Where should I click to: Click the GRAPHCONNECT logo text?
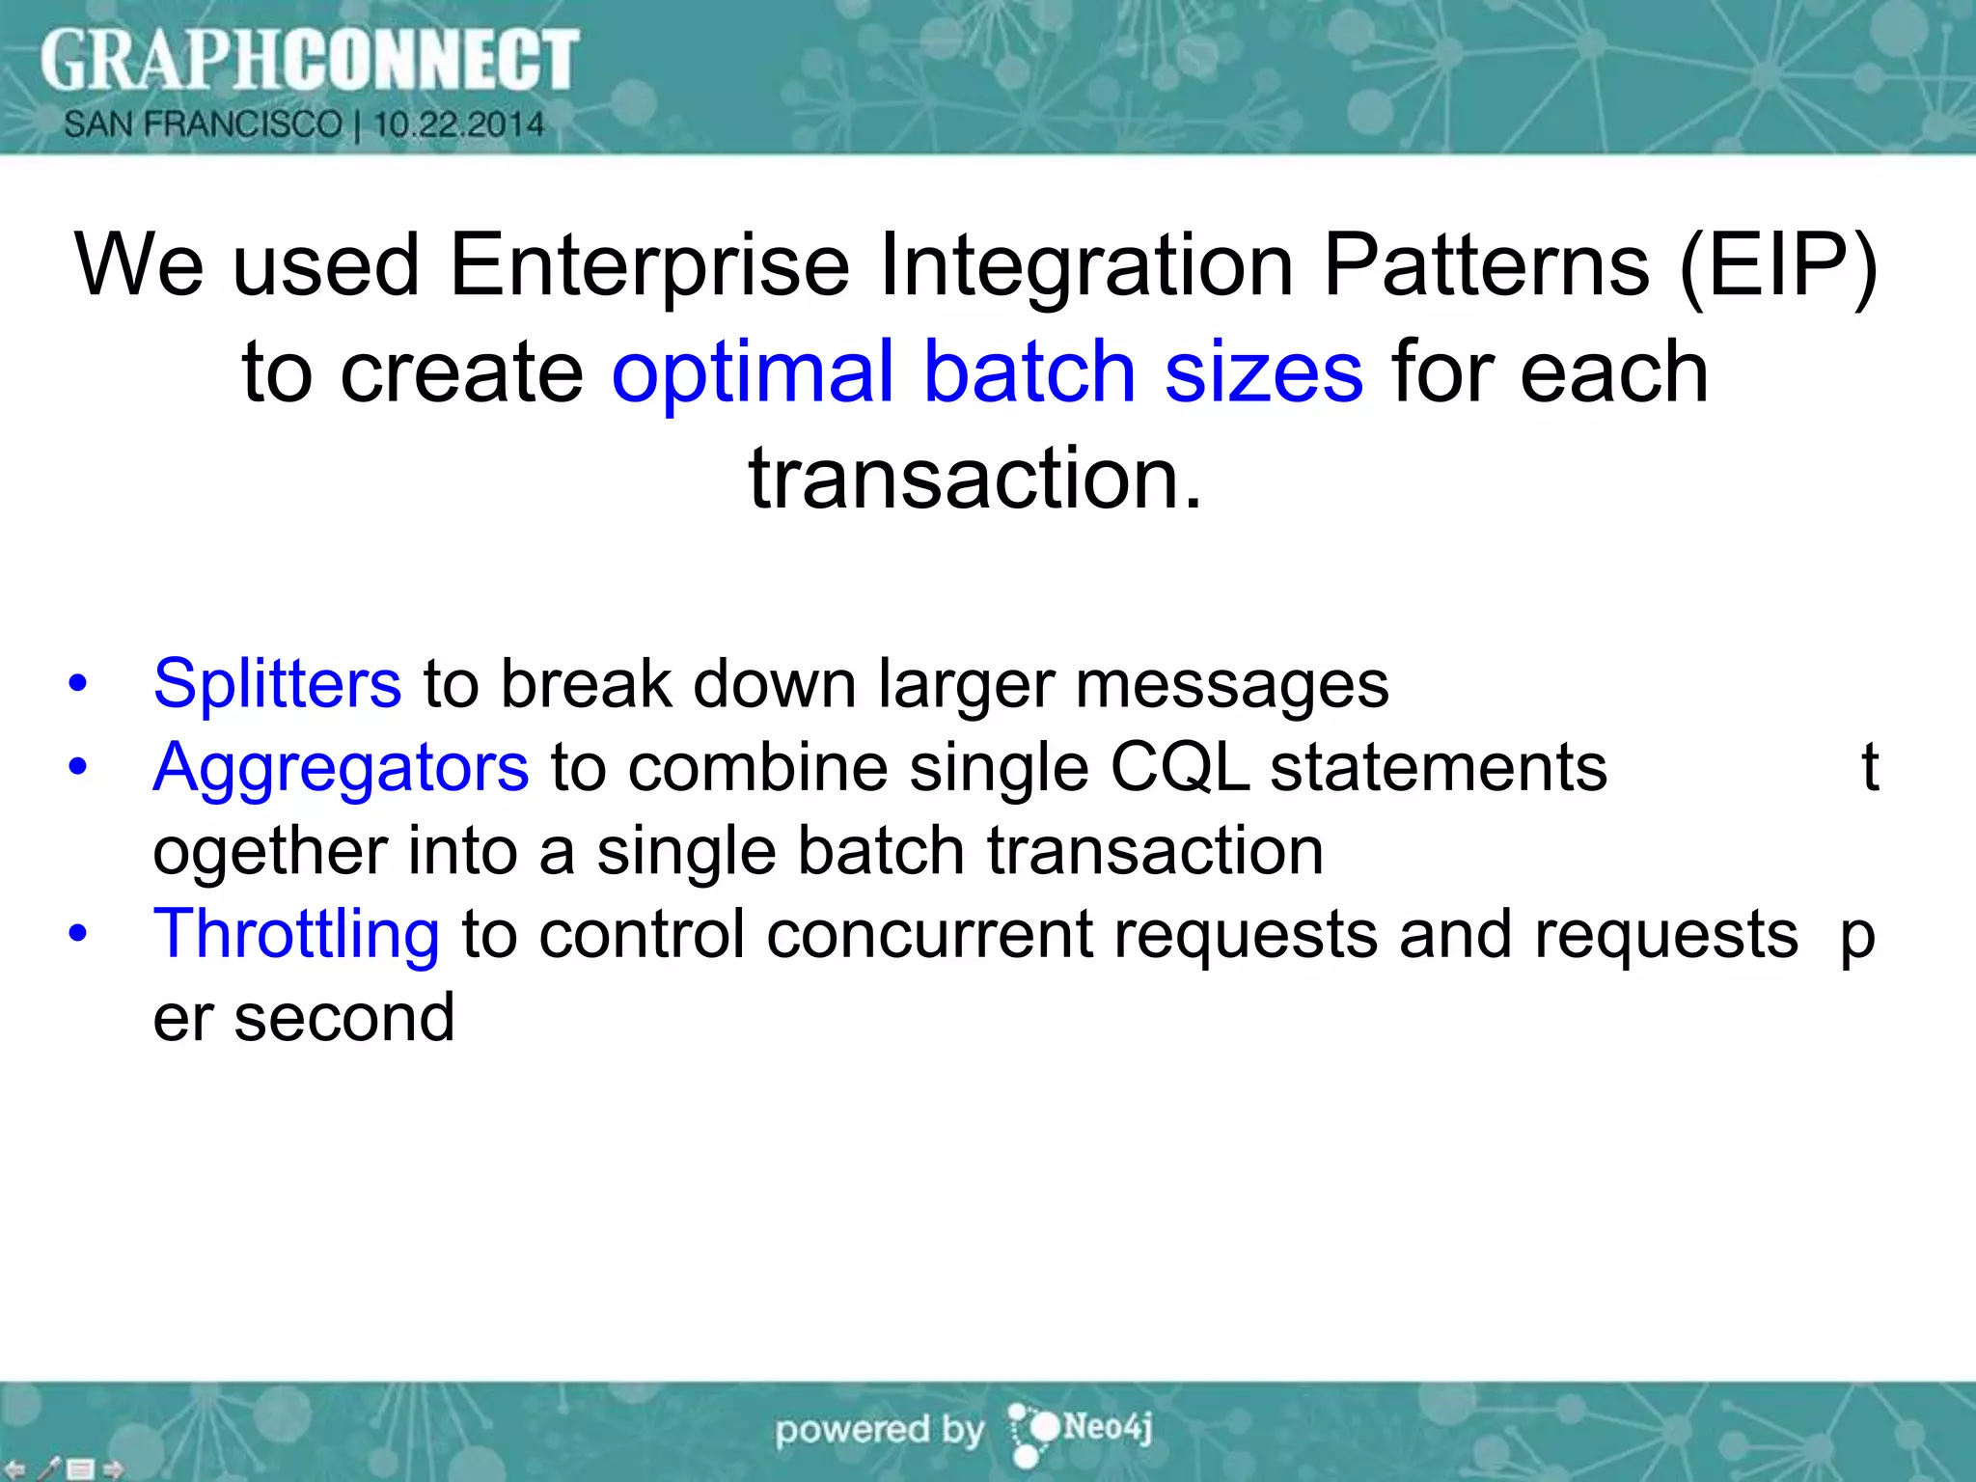point(309,60)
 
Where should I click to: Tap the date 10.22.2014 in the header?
point(458,124)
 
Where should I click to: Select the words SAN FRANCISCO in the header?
point(203,124)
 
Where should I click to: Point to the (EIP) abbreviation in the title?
point(1777,265)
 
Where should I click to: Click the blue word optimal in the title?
point(753,372)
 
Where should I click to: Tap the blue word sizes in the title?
point(1264,372)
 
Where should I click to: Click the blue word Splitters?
point(277,684)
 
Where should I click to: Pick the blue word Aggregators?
point(341,768)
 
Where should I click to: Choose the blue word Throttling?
point(296,934)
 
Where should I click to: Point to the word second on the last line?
point(343,1019)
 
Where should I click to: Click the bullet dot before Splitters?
point(78,684)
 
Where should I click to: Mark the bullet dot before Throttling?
point(78,934)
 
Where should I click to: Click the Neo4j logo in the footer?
point(1081,1429)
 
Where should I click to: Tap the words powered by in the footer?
point(879,1430)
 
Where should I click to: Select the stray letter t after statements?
point(1869,768)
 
